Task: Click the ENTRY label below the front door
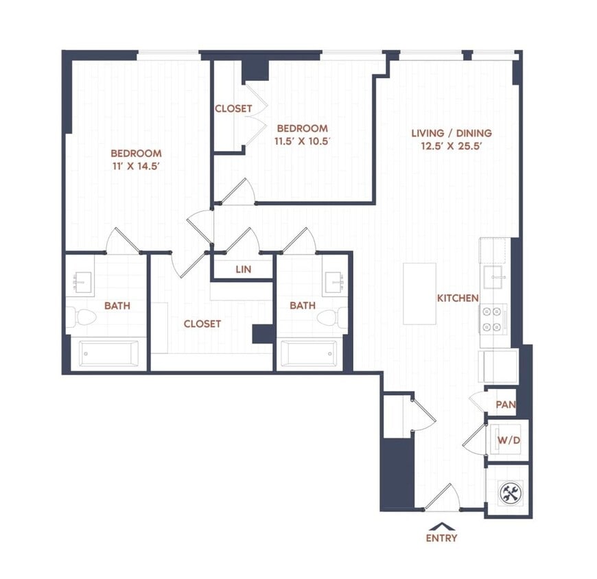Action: point(441,538)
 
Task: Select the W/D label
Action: point(507,439)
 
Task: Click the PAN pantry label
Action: point(506,405)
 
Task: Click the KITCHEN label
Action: point(458,298)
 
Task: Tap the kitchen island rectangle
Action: point(419,294)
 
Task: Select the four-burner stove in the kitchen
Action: point(493,318)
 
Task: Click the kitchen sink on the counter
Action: point(494,277)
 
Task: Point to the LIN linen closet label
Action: point(244,270)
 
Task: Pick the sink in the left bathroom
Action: point(82,281)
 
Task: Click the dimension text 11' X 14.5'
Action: point(136,166)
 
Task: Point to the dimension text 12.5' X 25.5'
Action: point(451,146)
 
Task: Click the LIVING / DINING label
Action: point(451,133)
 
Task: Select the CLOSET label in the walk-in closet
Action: point(202,323)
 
